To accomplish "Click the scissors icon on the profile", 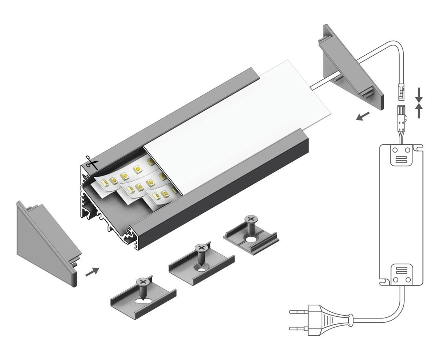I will point(92,163).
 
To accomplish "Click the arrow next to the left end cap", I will point(92,272).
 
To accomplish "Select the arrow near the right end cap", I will point(363,117).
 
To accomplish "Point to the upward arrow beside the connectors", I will point(419,111).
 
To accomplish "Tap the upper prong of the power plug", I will point(298,312).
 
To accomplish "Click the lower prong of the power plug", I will point(298,328).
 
